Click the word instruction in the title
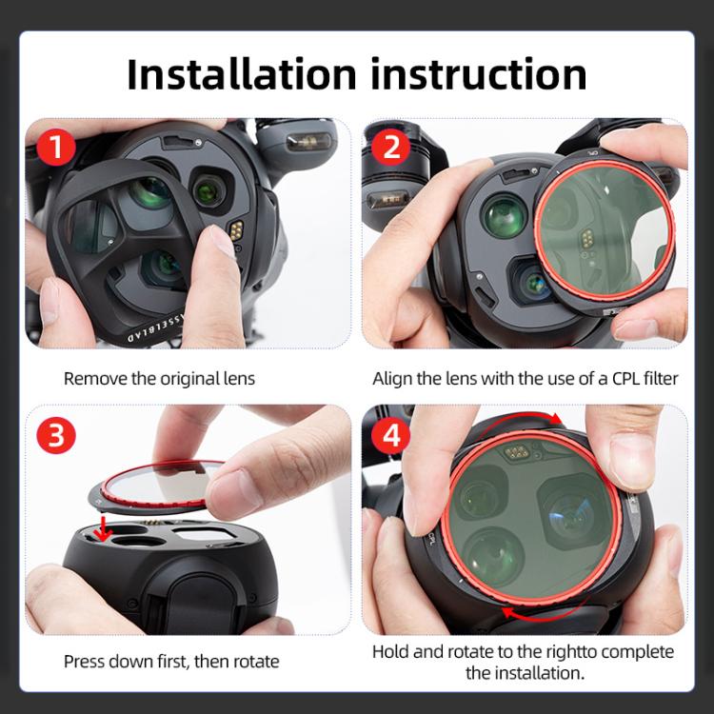click(485, 73)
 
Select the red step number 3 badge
click(58, 435)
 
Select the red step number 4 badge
click(391, 435)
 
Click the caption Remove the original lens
click(159, 378)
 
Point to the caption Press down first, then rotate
click(171, 660)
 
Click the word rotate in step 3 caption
click(256, 660)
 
